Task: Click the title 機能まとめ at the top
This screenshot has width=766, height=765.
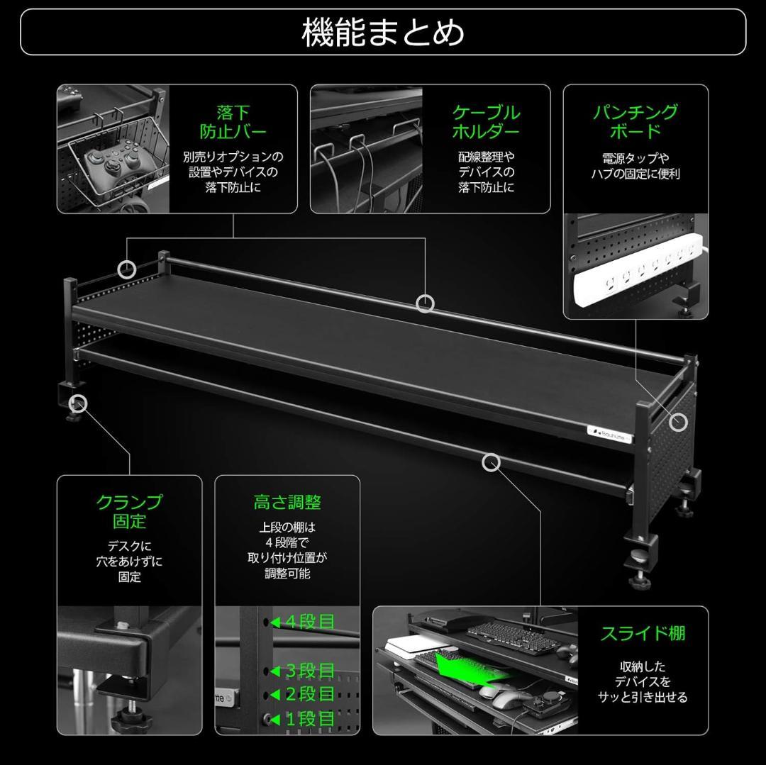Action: (x=383, y=32)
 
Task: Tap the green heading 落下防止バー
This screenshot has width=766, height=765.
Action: (x=233, y=122)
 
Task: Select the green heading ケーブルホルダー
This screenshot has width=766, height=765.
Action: (x=486, y=122)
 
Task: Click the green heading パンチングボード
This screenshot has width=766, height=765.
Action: (x=635, y=121)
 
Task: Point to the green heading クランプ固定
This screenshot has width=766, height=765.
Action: (x=129, y=511)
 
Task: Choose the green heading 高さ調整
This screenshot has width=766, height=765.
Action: (x=287, y=503)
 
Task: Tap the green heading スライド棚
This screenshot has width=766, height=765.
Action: (x=643, y=633)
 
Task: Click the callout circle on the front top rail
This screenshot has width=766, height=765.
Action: (x=425, y=303)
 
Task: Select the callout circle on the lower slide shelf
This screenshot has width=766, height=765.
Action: (x=491, y=463)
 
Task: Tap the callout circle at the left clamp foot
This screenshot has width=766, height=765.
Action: (x=79, y=404)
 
